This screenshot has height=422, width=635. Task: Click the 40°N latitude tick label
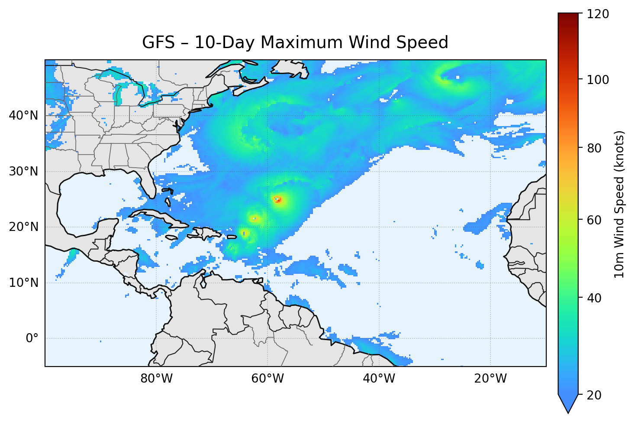point(23,116)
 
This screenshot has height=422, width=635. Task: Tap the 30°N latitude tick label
point(23,172)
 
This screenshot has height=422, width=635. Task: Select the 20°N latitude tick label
point(23,227)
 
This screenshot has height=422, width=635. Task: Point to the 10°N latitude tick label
point(23,283)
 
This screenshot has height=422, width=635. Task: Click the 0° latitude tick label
point(32,338)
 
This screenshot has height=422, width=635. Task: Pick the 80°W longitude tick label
point(156,379)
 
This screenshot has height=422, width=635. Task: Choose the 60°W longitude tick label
point(268,379)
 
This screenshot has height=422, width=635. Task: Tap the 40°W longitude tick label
point(379,379)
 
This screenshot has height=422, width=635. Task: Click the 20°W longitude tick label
point(490,379)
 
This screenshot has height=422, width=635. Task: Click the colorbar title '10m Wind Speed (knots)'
point(619,204)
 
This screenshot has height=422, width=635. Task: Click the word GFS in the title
point(158,42)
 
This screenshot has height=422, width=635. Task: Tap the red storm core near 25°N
point(278,200)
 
